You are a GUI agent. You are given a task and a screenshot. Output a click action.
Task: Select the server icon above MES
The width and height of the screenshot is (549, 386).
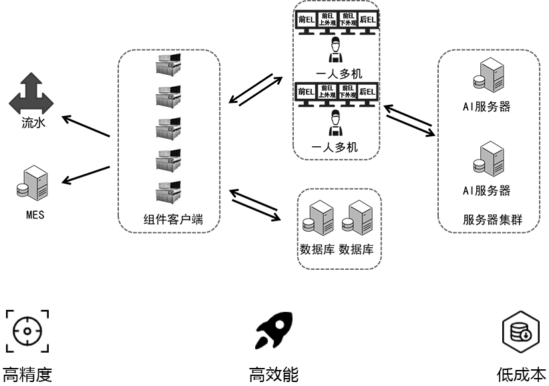(x=32, y=183)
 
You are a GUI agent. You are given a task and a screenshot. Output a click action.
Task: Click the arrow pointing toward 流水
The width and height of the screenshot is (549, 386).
(x=85, y=127)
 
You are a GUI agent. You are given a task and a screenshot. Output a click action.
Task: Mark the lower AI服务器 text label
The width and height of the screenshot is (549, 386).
(x=487, y=190)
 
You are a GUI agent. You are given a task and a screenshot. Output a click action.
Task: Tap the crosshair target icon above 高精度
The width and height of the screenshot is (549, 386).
(x=27, y=331)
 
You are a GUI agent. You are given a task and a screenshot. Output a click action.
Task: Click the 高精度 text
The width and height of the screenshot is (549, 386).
(x=27, y=374)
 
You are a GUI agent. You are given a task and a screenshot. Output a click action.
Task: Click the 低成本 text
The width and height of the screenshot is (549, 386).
(x=520, y=374)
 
